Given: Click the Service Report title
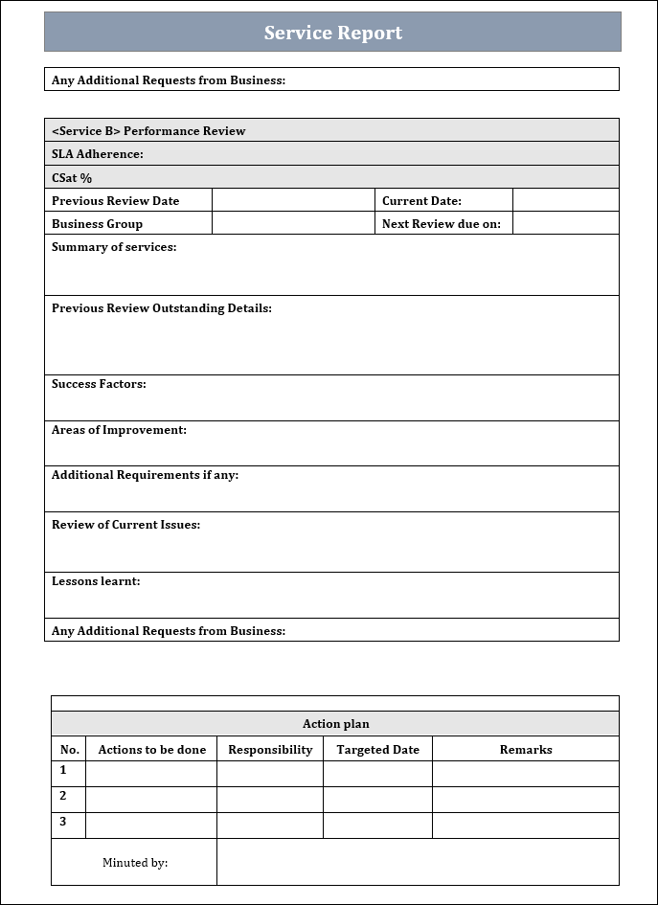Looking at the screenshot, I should pos(332,33).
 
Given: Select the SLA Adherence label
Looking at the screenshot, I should pos(98,154).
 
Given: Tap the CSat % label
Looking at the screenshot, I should pos(72,178).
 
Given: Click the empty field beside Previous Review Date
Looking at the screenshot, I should pos(292,200).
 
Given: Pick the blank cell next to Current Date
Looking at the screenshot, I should pos(565,200).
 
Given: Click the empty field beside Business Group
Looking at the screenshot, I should pos(292,223).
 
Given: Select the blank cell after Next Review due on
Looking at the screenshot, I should pos(565,223).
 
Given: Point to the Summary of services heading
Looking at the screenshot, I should pos(114,247).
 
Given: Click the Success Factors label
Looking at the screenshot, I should pos(99,384).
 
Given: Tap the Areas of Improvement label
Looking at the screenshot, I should pos(119,430).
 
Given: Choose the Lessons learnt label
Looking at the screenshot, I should pos(96,581).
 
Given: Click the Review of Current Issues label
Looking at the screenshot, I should pos(125,525).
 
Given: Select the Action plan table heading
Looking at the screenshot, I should pos(335,724).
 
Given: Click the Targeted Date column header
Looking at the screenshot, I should pos(377,750).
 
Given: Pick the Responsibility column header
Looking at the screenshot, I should pos(270,750).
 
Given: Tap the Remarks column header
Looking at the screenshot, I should pos(526,750).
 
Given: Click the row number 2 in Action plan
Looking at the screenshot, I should pos(63,796).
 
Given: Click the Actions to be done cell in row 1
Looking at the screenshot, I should pos(151,773).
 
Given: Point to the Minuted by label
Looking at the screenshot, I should pos(135,863).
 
